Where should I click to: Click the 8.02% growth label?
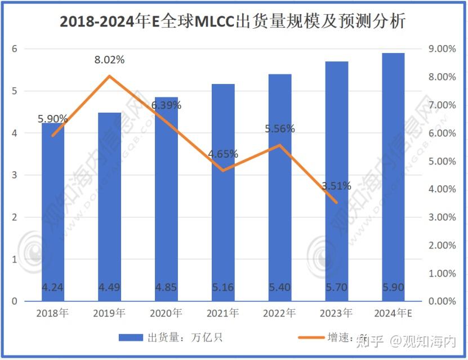click(109, 60)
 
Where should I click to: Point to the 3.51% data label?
click(337, 186)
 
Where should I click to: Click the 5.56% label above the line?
click(280, 129)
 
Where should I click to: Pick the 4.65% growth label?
click(223, 154)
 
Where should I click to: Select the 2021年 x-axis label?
click(223, 313)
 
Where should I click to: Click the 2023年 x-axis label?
click(336, 313)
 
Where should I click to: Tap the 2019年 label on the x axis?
click(109, 313)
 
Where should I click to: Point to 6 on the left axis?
click(15, 49)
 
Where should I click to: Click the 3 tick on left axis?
click(15, 175)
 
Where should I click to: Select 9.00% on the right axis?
click(442, 49)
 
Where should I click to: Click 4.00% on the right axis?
click(442, 189)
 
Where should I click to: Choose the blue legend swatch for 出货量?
click(132, 338)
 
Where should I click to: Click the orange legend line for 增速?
click(310, 338)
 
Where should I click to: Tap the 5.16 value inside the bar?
click(223, 288)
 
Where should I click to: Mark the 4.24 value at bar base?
click(53, 288)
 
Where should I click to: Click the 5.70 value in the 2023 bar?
click(336, 288)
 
